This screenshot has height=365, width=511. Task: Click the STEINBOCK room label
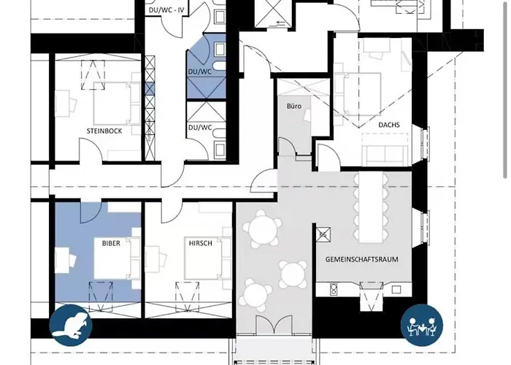(103, 131)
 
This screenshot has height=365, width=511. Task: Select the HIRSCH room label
(200, 243)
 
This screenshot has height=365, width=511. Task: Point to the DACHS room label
(388, 125)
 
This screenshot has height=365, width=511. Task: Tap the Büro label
(293, 107)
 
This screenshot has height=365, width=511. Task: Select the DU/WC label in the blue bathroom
(199, 72)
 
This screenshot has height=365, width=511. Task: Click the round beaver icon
(71, 324)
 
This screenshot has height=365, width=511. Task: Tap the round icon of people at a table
(422, 324)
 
